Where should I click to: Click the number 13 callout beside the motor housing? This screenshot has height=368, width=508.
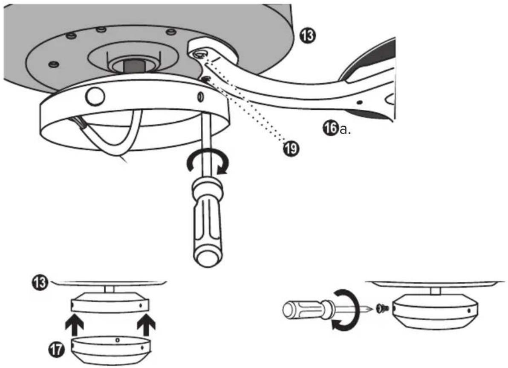coord(307,35)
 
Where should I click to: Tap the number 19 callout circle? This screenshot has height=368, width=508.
coord(291,149)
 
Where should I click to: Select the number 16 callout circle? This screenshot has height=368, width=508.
coord(330,128)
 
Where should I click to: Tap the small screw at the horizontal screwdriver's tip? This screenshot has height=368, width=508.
coord(383,308)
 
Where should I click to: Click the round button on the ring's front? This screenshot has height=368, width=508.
coord(95,96)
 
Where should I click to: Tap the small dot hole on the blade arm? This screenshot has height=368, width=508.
coord(359,103)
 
